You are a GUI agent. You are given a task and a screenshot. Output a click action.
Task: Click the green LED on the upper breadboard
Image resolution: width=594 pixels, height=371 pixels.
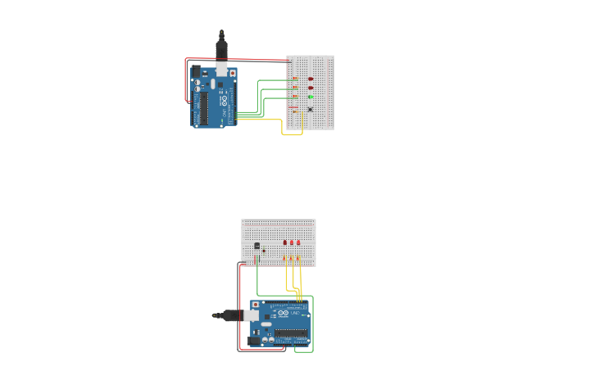coord(311,97)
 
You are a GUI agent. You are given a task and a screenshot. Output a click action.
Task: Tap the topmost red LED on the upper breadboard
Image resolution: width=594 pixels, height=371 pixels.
coord(311,79)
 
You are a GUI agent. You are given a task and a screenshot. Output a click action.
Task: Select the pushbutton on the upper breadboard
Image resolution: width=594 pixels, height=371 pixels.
coord(310,109)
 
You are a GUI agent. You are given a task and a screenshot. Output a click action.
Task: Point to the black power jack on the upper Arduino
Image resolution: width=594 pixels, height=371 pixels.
coord(196,72)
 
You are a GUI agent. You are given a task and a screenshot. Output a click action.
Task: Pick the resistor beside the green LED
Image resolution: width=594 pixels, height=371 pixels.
coord(295,97)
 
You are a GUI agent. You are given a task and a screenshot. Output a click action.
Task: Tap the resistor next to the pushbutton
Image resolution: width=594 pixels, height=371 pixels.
coord(294,108)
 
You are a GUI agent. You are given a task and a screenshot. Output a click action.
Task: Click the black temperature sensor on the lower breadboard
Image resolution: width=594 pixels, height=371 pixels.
coord(257,246)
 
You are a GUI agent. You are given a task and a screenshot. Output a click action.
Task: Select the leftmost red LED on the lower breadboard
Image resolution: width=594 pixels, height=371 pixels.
coord(285,242)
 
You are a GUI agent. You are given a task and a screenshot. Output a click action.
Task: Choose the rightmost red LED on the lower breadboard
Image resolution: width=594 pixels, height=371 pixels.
coord(298,242)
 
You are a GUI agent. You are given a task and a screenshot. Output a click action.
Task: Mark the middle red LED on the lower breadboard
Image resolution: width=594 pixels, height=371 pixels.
coord(292,242)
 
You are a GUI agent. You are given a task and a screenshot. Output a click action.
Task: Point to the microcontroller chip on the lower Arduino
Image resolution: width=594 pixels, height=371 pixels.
coord(291,333)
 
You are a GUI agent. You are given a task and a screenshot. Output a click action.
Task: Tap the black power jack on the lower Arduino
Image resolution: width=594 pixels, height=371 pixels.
coord(255,340)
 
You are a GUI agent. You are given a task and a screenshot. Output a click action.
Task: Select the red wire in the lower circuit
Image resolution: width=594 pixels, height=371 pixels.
coord(239,311)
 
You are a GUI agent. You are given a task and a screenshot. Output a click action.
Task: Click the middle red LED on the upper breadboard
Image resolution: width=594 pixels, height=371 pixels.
coord(311,88)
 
